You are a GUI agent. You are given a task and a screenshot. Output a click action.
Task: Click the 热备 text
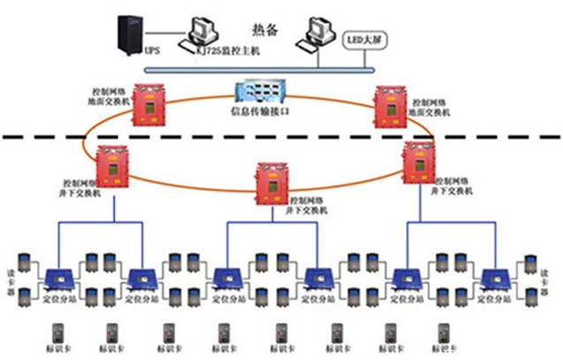tap(265, 30)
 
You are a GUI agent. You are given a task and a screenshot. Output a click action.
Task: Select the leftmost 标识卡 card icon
tap(59, 332)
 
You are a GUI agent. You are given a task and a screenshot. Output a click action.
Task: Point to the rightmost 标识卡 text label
tap(443, 349)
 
